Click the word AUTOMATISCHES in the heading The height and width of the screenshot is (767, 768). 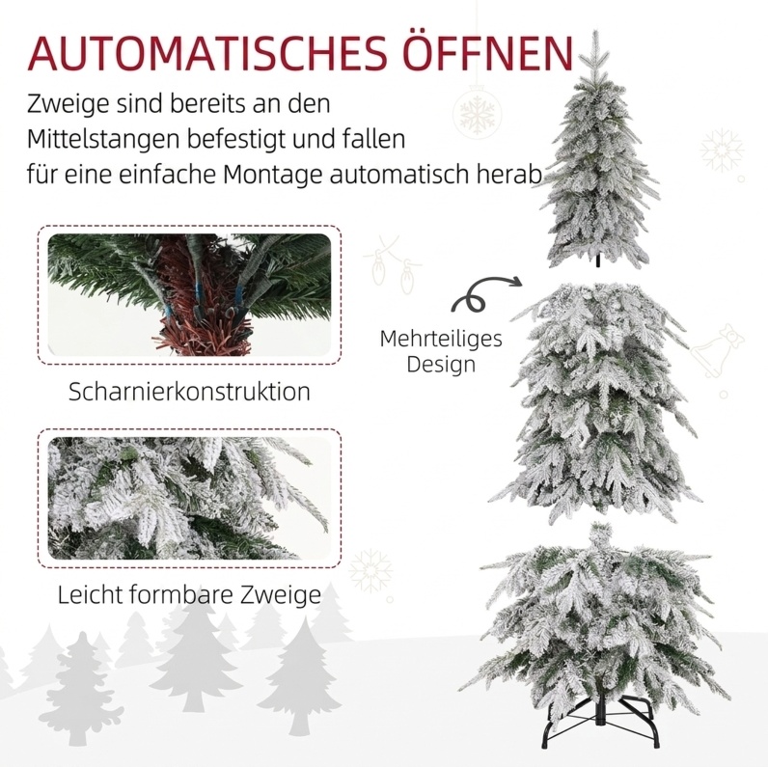click(208, 52)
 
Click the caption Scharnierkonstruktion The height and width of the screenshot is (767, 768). click(189, 392)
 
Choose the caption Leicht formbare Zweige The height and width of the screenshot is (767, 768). click(189, 595)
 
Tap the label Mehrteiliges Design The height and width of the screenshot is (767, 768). click(441, 351)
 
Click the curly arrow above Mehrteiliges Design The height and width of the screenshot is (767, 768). click(485, 294)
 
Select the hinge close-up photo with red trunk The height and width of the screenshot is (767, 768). click(189, 295)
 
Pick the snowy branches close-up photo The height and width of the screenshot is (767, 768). click(189, 498)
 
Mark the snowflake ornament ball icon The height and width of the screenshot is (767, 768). click(477, 112)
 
